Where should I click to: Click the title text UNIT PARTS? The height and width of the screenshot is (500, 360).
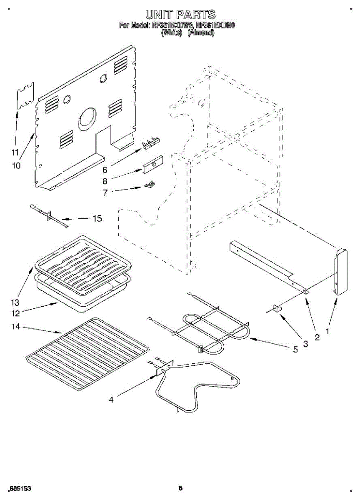180,15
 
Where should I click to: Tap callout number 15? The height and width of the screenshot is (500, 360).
97,218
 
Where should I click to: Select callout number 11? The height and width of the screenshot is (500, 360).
15,152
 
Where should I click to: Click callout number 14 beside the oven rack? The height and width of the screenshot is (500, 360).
16,328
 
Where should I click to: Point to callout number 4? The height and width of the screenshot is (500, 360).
111,400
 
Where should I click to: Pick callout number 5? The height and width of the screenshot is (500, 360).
295,350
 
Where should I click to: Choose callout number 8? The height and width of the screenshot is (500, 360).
105,181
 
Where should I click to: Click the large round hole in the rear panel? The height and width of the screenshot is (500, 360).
87,116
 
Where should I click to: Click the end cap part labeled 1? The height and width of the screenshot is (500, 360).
341,272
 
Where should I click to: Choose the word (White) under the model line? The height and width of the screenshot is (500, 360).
172,33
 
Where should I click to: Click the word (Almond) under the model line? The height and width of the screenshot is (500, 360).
201,33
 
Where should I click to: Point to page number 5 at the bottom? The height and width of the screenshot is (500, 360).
180,488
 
